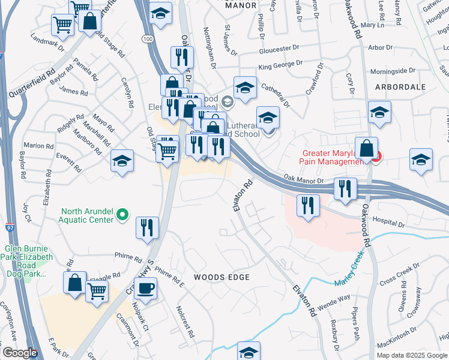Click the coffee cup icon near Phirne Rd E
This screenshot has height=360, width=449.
pyautogui.click(x=144, y=289)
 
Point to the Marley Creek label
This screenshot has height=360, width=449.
pyautogui.click(x=349, y=266)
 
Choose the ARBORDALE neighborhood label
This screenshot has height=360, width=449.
pyautogui.click(x=400, y=87)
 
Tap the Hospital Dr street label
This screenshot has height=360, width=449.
pyautogui.click(x=388, y=221)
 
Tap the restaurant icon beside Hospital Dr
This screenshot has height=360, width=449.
pyautogui.click(x=308, y=205)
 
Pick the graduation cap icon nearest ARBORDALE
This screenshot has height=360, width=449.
pyautogui.click(x=379, y=112)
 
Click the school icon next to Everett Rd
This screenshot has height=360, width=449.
pyautogui.click(x=122, y=161)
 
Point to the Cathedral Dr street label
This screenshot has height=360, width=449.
pyautogui.click(x=276, y=95)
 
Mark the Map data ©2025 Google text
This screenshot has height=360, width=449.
pyautogui.click(x=412, y=355)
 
